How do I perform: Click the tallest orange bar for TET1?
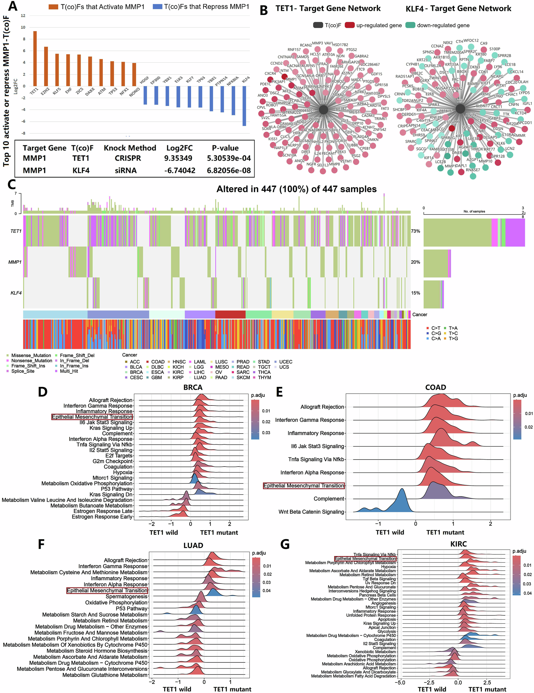pos(35,58)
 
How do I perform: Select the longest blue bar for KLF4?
pos(244,106)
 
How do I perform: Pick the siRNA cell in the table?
pos(126,170)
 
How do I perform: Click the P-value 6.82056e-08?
pos(229,170)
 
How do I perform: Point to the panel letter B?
pos(264,10)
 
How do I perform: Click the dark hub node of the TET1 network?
pos(323,110)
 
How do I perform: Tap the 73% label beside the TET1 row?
pos(415,231)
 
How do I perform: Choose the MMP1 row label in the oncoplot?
pos(15,262)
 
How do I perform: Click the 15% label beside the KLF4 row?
pos(415,293)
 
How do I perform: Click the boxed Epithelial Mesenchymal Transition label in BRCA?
pos(92,417)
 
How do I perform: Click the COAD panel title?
pos(435,388)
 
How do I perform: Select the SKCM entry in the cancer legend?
pos(243,377)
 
